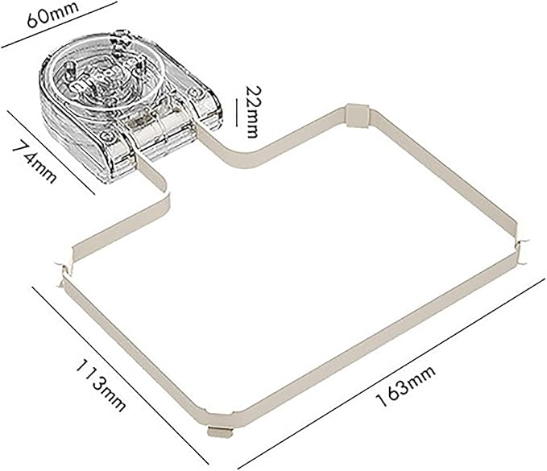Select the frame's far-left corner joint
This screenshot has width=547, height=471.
61,270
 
